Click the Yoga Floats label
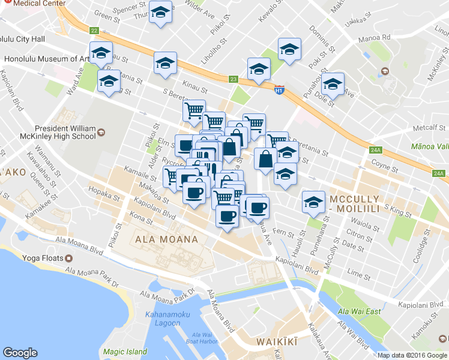pyautogui.click(x=41, y=259)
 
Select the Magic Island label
pyautogui.click(x=124, y=352)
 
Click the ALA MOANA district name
pyautogui.click(x=167, y=239)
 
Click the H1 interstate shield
pyautogui.click(x=279, y=90)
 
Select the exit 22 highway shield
pyautogui.click(x=94, y=30)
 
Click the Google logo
pyautogui.click(x=20, y=353)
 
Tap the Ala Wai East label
pyautogui.click(x=359, y=311)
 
